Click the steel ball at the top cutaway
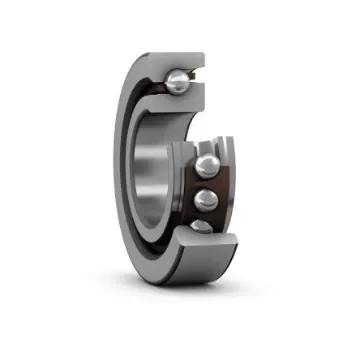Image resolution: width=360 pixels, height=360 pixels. (176, 80)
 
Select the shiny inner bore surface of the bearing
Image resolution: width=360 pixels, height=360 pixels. (150, 170)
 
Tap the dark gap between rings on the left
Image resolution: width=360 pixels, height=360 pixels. (135, 180)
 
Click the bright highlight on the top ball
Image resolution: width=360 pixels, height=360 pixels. (173, 76)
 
